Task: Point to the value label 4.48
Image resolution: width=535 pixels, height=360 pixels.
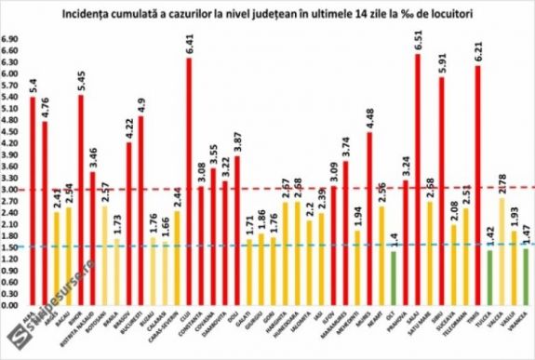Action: coord(369,118)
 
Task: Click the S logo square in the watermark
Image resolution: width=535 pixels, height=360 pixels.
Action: coord(12,345)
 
